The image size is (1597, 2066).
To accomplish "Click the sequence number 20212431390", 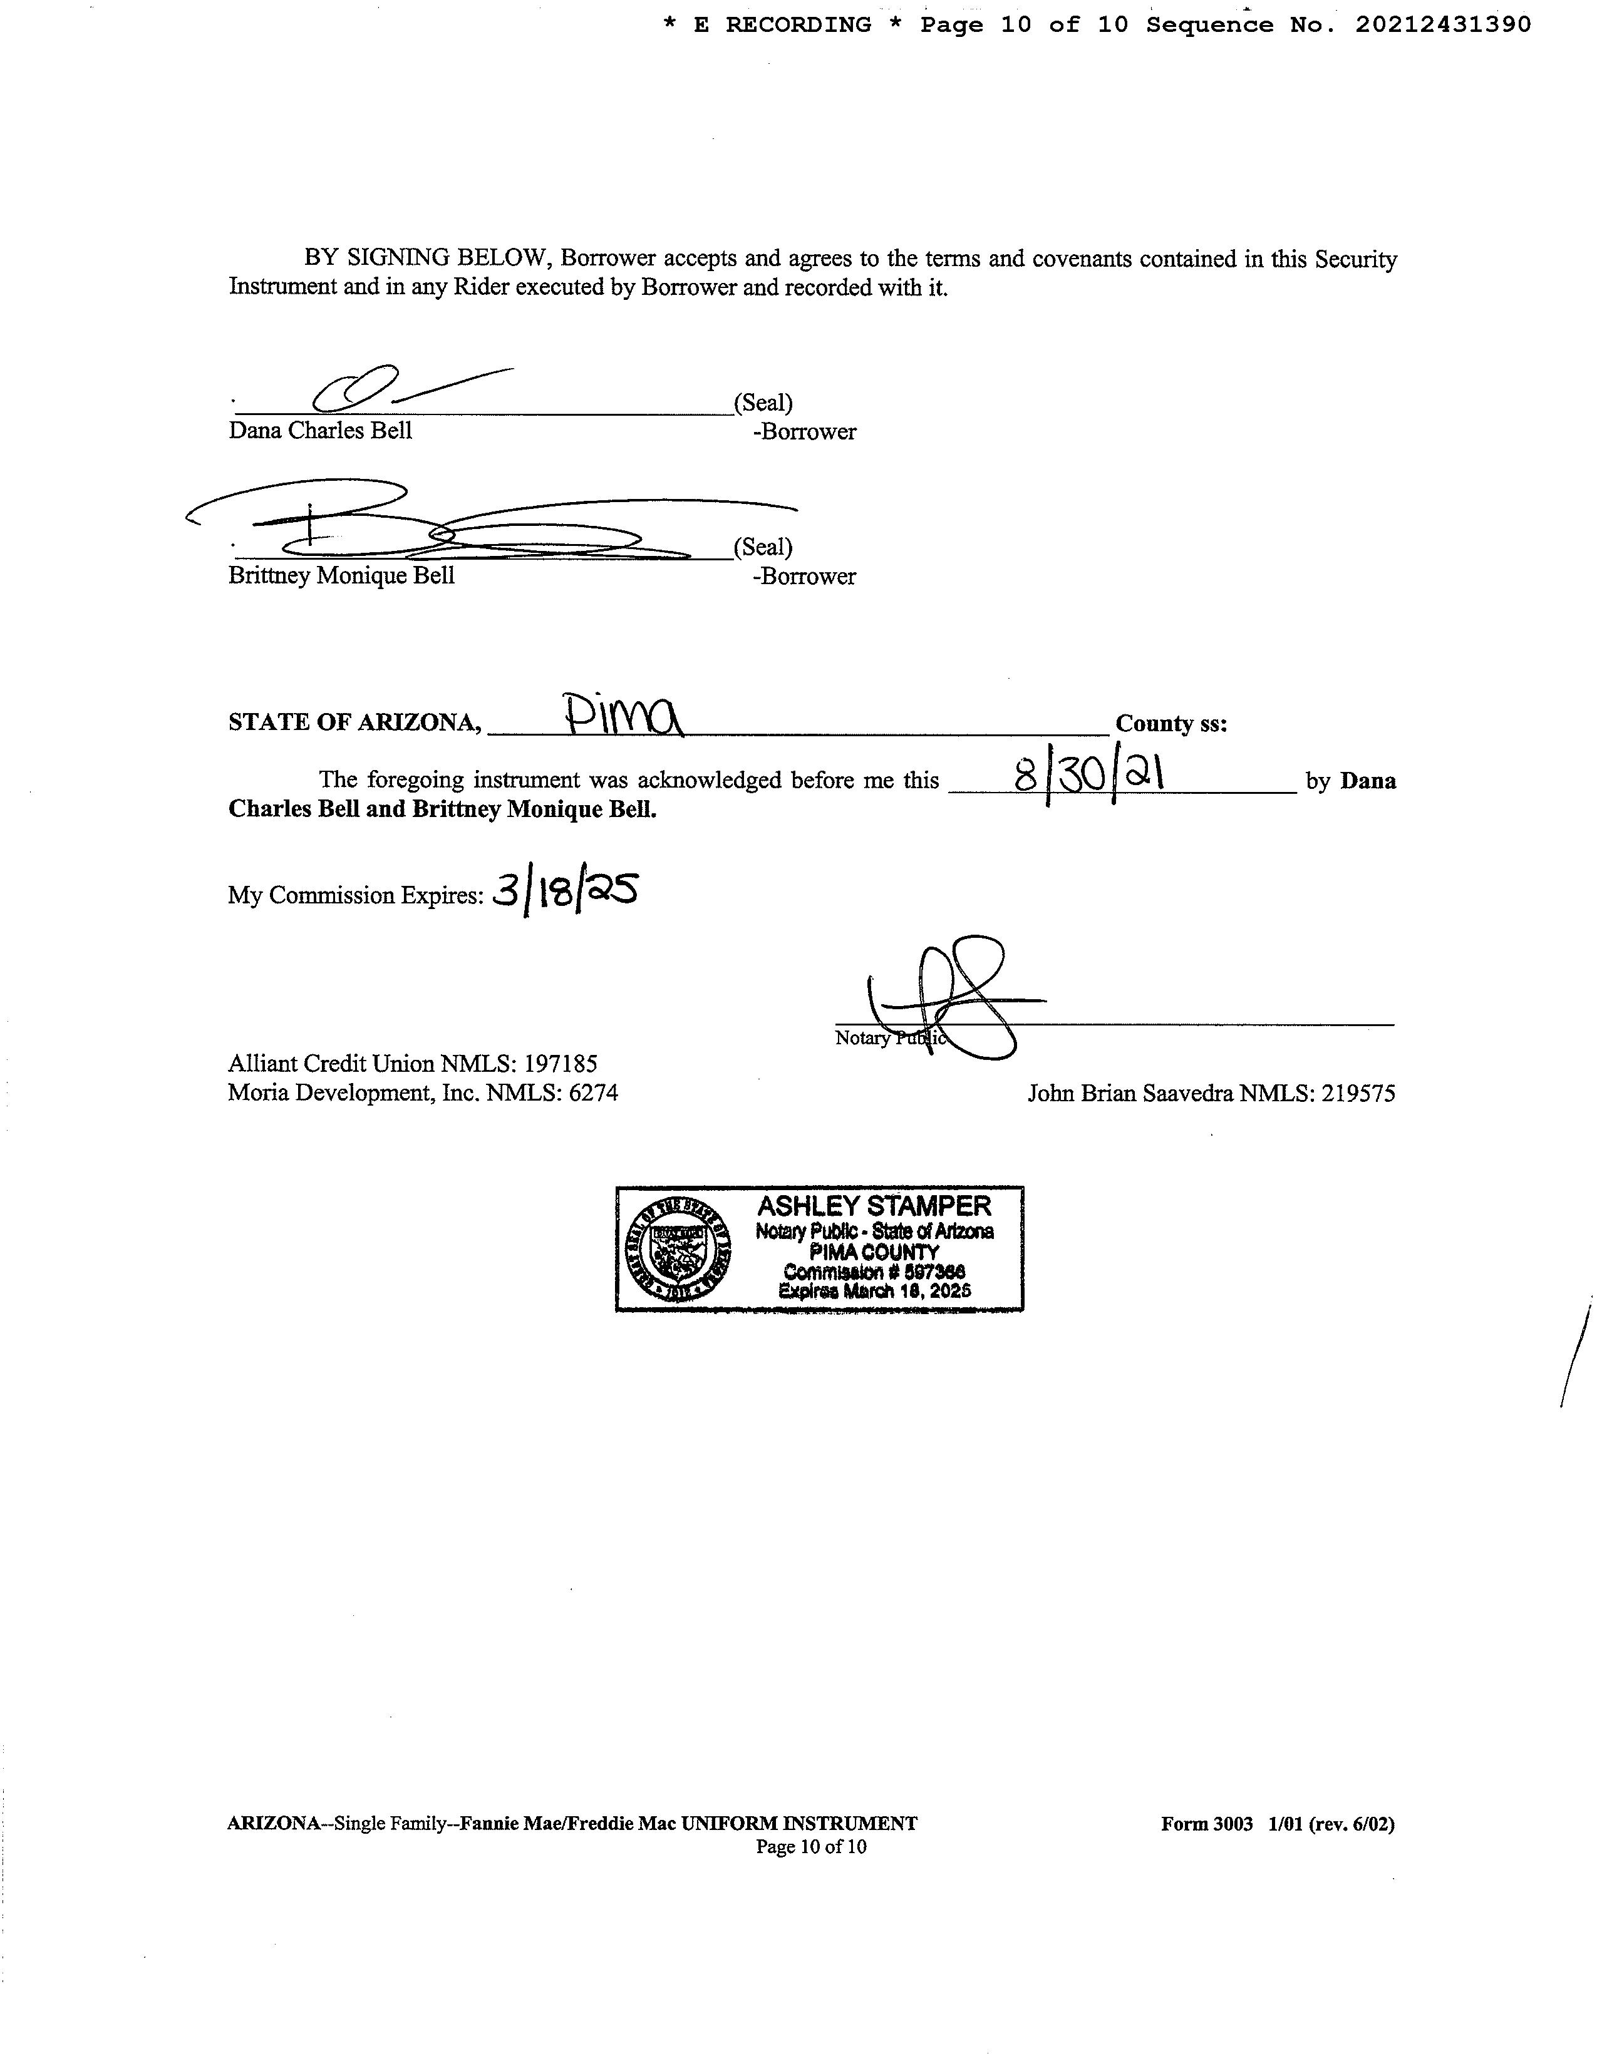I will click(x=1443, y=26).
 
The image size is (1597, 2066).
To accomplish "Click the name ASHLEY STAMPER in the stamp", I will click(x=874, y=1206).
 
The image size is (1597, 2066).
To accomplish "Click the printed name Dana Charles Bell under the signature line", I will click(x=320, y=431).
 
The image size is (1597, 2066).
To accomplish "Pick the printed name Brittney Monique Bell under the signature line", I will click(x=341, y=576).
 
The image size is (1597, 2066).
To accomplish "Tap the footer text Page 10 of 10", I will click(x=811, y=1846).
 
